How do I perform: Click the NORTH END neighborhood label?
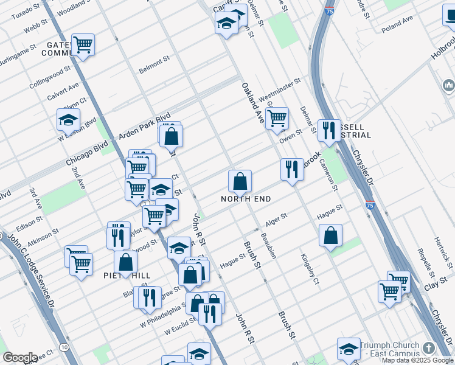tap(246, 199)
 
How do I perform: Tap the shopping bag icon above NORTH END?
tap(240, 181)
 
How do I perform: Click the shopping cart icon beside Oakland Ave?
tap(277, 118)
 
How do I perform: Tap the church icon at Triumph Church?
tap(429, 348)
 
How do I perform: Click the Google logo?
tap(19, 358)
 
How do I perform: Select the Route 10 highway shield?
tap(64, 347)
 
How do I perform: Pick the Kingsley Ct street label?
tap(310, 268)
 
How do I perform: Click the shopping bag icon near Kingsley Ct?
tap(330, 235)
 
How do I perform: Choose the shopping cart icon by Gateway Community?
tap(83, 44)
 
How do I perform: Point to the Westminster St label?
tap(280, 89)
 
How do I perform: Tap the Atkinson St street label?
tap(43, 237)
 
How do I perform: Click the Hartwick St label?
tap(445, 250)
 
